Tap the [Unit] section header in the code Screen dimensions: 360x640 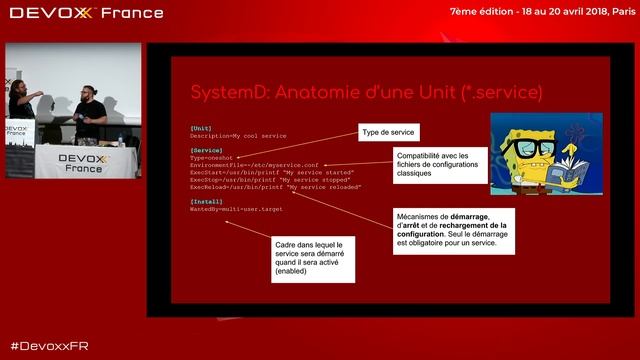click(200, 129)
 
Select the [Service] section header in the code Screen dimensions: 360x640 click(206, 151)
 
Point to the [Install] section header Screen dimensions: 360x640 click(206, 201)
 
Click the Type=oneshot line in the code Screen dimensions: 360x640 click(212, 158)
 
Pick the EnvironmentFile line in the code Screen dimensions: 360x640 click(254, 165)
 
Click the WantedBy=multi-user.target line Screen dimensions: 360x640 click(237, 209)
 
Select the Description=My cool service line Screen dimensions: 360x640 click(237, 136)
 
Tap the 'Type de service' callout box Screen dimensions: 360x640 click(389, 133)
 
